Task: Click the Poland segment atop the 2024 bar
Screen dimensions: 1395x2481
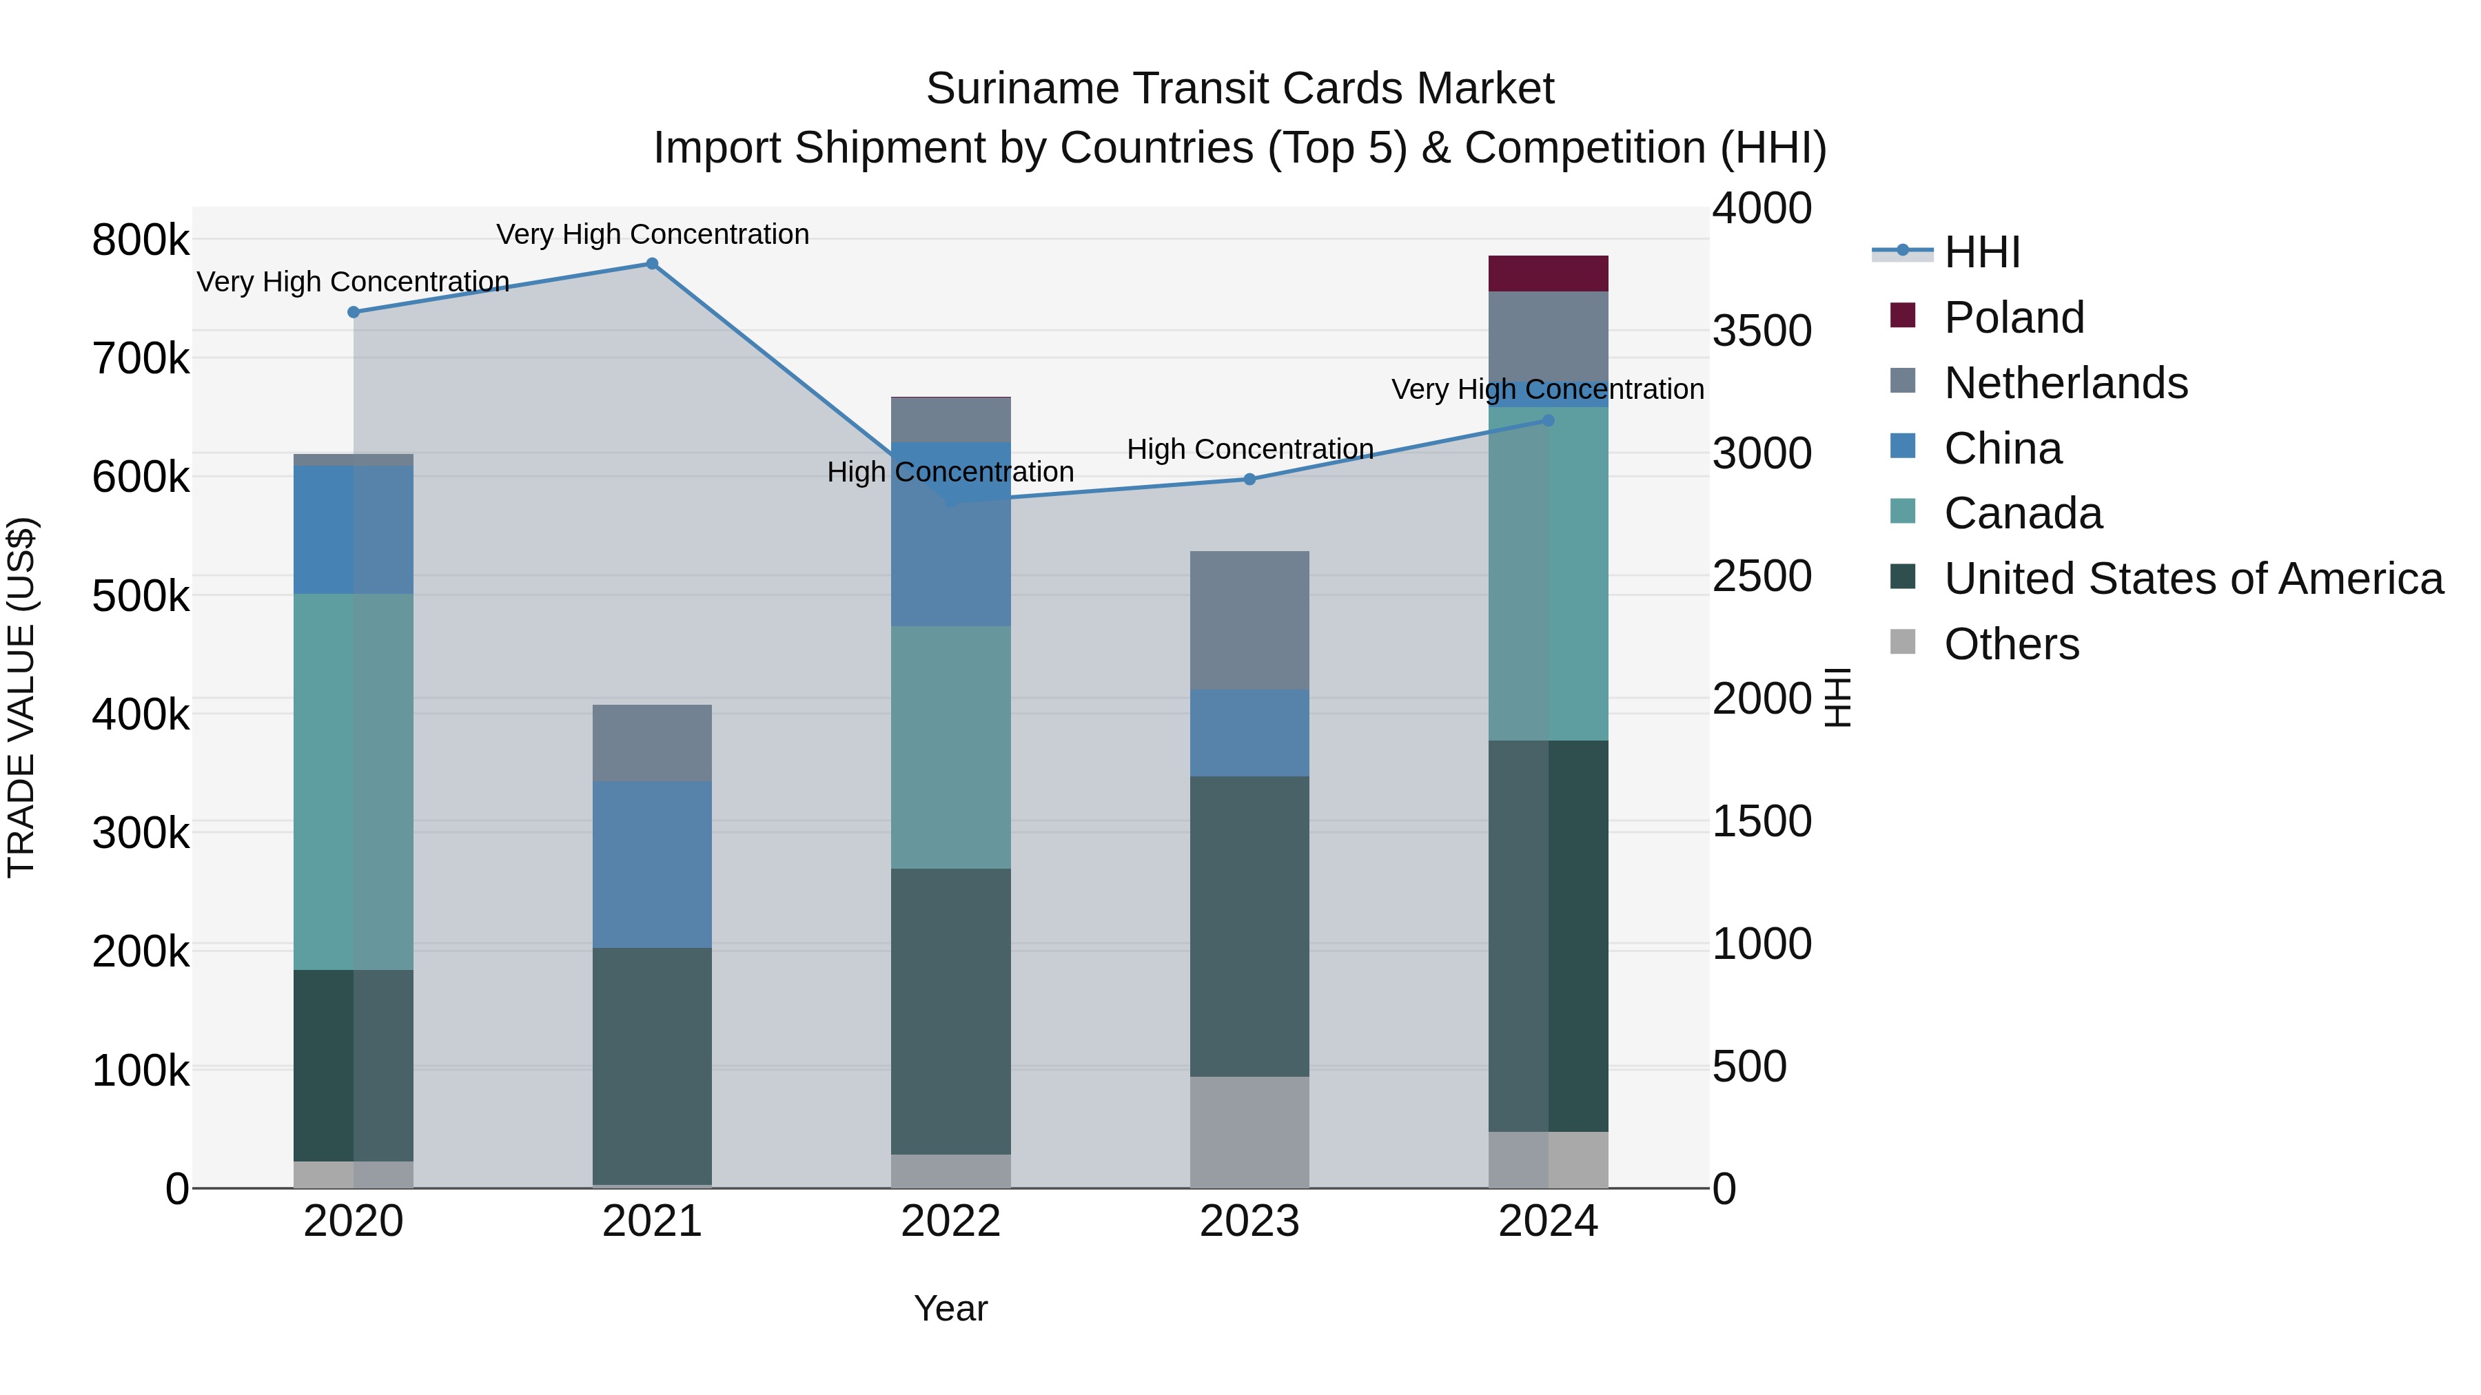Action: click(1548, 273)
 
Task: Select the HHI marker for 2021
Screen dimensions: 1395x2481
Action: click(652, 264)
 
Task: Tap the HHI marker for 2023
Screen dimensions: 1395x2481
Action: click(1249, 479)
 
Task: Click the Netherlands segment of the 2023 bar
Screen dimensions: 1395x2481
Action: click(1249, 620)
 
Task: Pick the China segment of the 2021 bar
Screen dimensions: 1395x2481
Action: click(652, 864)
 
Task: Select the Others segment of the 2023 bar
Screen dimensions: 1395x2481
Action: click(1249, 1131)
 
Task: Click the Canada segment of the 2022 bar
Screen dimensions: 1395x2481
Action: click(950, 747)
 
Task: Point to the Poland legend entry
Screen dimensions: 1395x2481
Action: click(2013, 318)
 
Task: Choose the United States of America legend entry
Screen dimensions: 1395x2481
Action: click(2192, 579)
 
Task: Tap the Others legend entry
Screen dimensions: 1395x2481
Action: click(2010, 644)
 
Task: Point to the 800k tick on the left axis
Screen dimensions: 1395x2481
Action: click(141, 240)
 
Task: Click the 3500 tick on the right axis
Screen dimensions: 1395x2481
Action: click(1762, 330)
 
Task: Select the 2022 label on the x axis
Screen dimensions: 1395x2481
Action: click(950, 1221)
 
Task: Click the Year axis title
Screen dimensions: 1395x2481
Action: click(950, 1308)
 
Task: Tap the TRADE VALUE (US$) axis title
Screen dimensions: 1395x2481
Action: click(21, 697)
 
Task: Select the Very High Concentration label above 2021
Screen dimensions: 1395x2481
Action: click(652, 234)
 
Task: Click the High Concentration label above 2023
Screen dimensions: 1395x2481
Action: click(1249, 450)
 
